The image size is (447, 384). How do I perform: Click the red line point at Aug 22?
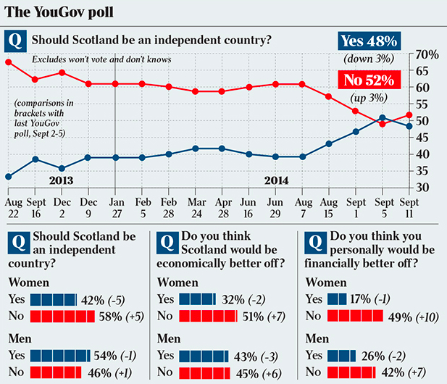coord(8,62)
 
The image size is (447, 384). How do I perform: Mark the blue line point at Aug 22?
coord(8,176)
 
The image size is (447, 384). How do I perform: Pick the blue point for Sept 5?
coord(383,118)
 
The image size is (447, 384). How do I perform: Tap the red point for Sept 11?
coord(409,114)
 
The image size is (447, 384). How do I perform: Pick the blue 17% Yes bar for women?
coord(337,299)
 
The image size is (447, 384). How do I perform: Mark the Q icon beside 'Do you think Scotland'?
coord(167,242)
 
